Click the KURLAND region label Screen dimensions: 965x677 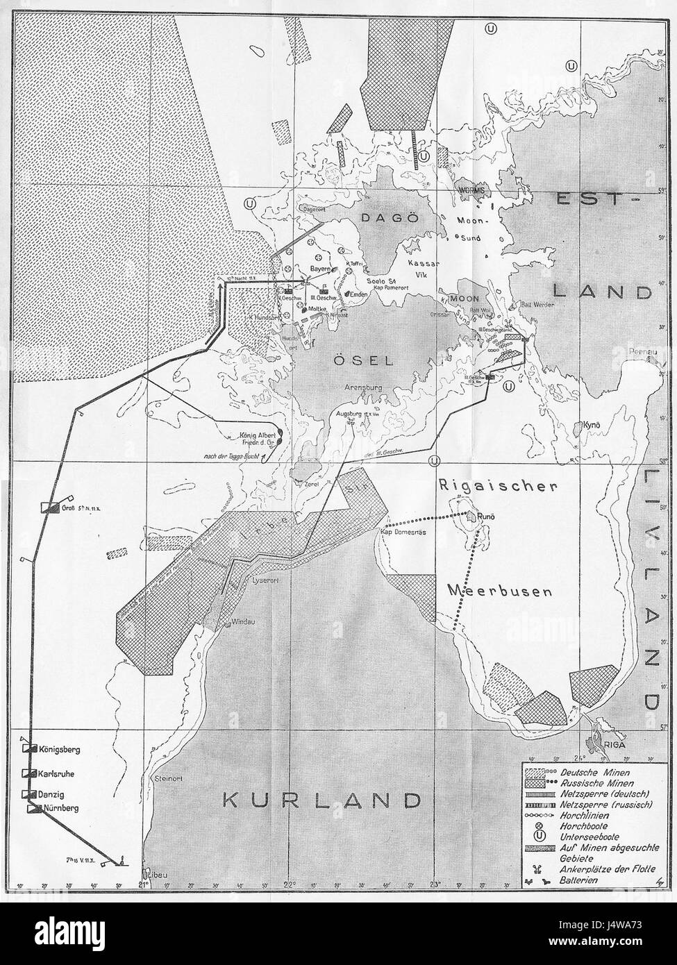click(321, 800)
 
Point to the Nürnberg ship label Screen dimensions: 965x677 click(62, 808)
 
